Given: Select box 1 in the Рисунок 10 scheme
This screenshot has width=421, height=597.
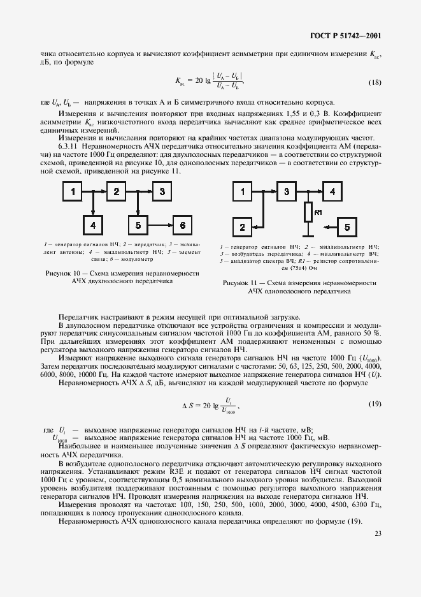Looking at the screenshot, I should point(73,191).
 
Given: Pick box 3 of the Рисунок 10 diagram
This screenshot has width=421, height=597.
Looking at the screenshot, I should point(162,191).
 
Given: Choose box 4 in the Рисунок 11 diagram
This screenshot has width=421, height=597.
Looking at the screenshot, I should point(331,191).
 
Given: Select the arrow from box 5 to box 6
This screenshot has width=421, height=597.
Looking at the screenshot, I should point(159,225).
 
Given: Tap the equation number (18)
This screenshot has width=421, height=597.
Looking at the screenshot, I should point(375,83).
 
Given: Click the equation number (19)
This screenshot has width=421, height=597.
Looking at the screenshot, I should point(375,404).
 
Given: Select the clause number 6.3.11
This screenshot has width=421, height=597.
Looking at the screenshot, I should point(68,146).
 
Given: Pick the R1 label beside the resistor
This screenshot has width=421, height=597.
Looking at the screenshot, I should point(319,211).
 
